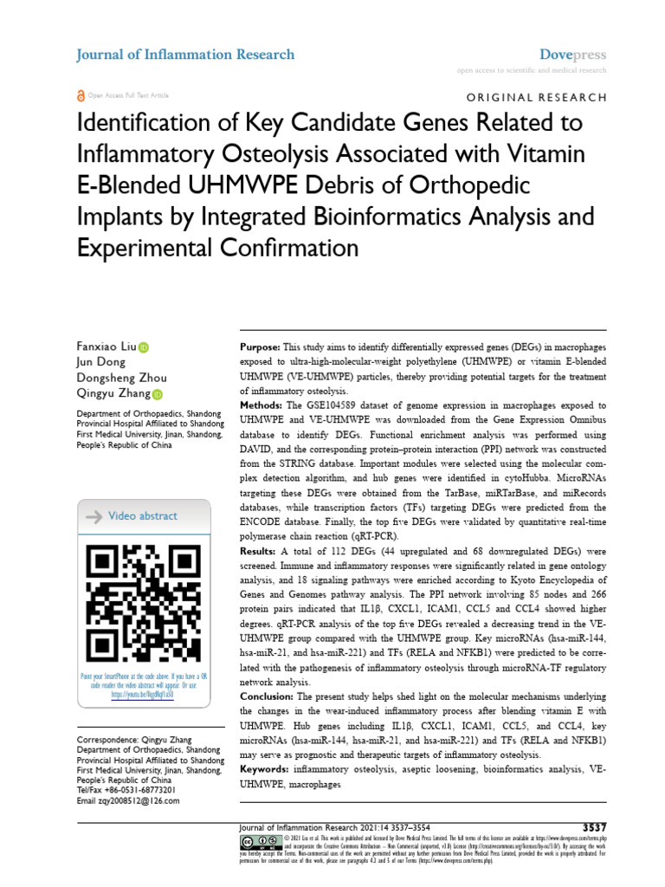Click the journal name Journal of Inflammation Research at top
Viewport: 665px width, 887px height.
[x=186, y=55]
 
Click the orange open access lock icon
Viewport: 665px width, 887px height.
[x=81, y=95]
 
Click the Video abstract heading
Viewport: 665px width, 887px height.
[x=142, y=516]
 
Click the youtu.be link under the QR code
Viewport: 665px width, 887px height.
[x=143, y=694]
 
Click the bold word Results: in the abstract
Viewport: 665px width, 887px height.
[x=257, y=551]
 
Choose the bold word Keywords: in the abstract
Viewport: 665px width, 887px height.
[x=265, y=768]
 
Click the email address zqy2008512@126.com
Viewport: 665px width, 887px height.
[x=126, y=802]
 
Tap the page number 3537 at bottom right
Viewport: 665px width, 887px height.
[x=591, y=827]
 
